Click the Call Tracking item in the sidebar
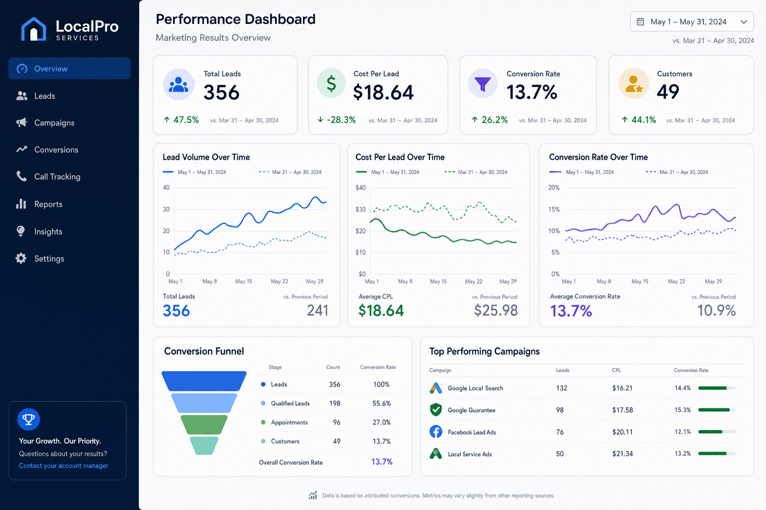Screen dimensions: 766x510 click(48, 177)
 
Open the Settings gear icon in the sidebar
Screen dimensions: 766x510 click(21, 258)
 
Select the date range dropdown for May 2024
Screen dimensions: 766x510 click(692, 22)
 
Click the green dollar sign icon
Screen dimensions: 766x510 click(331, 83)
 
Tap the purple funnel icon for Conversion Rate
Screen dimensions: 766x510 click(483, 83)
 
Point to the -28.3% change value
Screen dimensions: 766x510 click(341, 120)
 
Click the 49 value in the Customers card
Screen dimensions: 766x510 click(668, 92)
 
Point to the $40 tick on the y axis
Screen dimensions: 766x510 click(361, 188)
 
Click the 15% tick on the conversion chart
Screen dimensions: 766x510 click(554, 209)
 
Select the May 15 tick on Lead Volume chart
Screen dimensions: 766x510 click(243, 281)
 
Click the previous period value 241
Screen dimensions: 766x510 click(317, 310)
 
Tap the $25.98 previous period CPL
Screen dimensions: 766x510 click(496, 310)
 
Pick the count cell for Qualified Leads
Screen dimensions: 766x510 click(335, 403)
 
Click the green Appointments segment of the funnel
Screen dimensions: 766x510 click(204, 425)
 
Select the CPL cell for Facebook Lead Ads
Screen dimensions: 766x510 click(622, 432)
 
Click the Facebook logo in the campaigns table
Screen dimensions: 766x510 click(436, 432)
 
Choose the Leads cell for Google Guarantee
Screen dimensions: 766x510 click(560, 410)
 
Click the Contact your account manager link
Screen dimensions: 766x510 click(64, 466)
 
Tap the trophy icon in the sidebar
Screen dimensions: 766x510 click(29, 419)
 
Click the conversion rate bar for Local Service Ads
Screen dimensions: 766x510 click(717, 454)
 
